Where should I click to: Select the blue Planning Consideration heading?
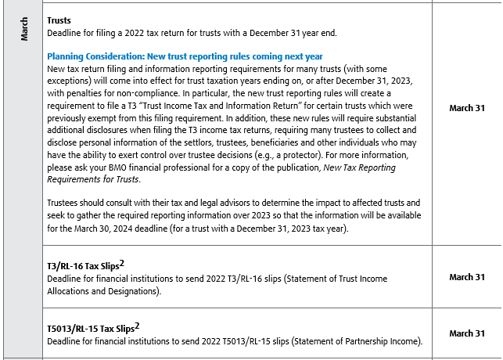pos(185,57)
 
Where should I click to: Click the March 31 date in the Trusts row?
pos(467,108)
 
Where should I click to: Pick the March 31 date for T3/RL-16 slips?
pos(467,277)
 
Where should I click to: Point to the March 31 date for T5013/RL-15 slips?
pos(467,333)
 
